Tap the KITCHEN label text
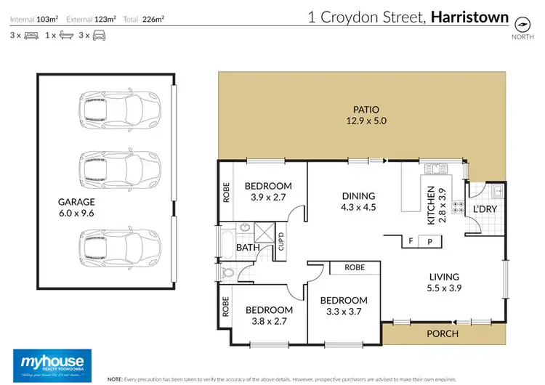[x=431, y=204]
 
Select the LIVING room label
[x=444, y=276]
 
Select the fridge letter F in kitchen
[x=411, y=241]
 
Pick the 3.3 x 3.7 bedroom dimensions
[x=344, y=312]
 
